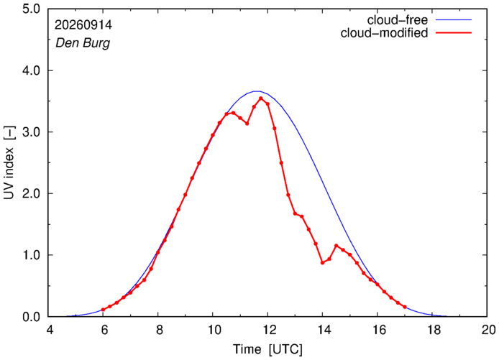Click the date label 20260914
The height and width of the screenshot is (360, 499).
83,25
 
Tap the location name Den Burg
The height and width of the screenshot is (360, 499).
83,42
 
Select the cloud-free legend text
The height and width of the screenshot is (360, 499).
398,20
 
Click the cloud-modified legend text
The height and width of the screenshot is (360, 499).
384,33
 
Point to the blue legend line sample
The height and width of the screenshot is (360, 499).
454,19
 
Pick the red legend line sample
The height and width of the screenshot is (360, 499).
454,32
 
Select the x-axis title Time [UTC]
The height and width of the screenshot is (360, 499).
267,349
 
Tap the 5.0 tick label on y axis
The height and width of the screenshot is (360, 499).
31,9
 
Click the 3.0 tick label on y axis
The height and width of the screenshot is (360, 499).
31,131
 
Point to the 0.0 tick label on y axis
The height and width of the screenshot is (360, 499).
31,317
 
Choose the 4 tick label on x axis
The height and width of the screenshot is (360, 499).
50,330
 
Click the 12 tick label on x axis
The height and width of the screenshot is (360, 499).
267,330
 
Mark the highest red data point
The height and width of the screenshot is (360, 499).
260,98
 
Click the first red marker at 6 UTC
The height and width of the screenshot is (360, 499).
103,310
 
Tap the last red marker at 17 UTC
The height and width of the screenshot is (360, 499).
405,307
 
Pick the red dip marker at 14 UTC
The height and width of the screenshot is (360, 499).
322,263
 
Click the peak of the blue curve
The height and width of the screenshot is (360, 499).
257,91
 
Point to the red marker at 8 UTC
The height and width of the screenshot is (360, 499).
158,252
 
